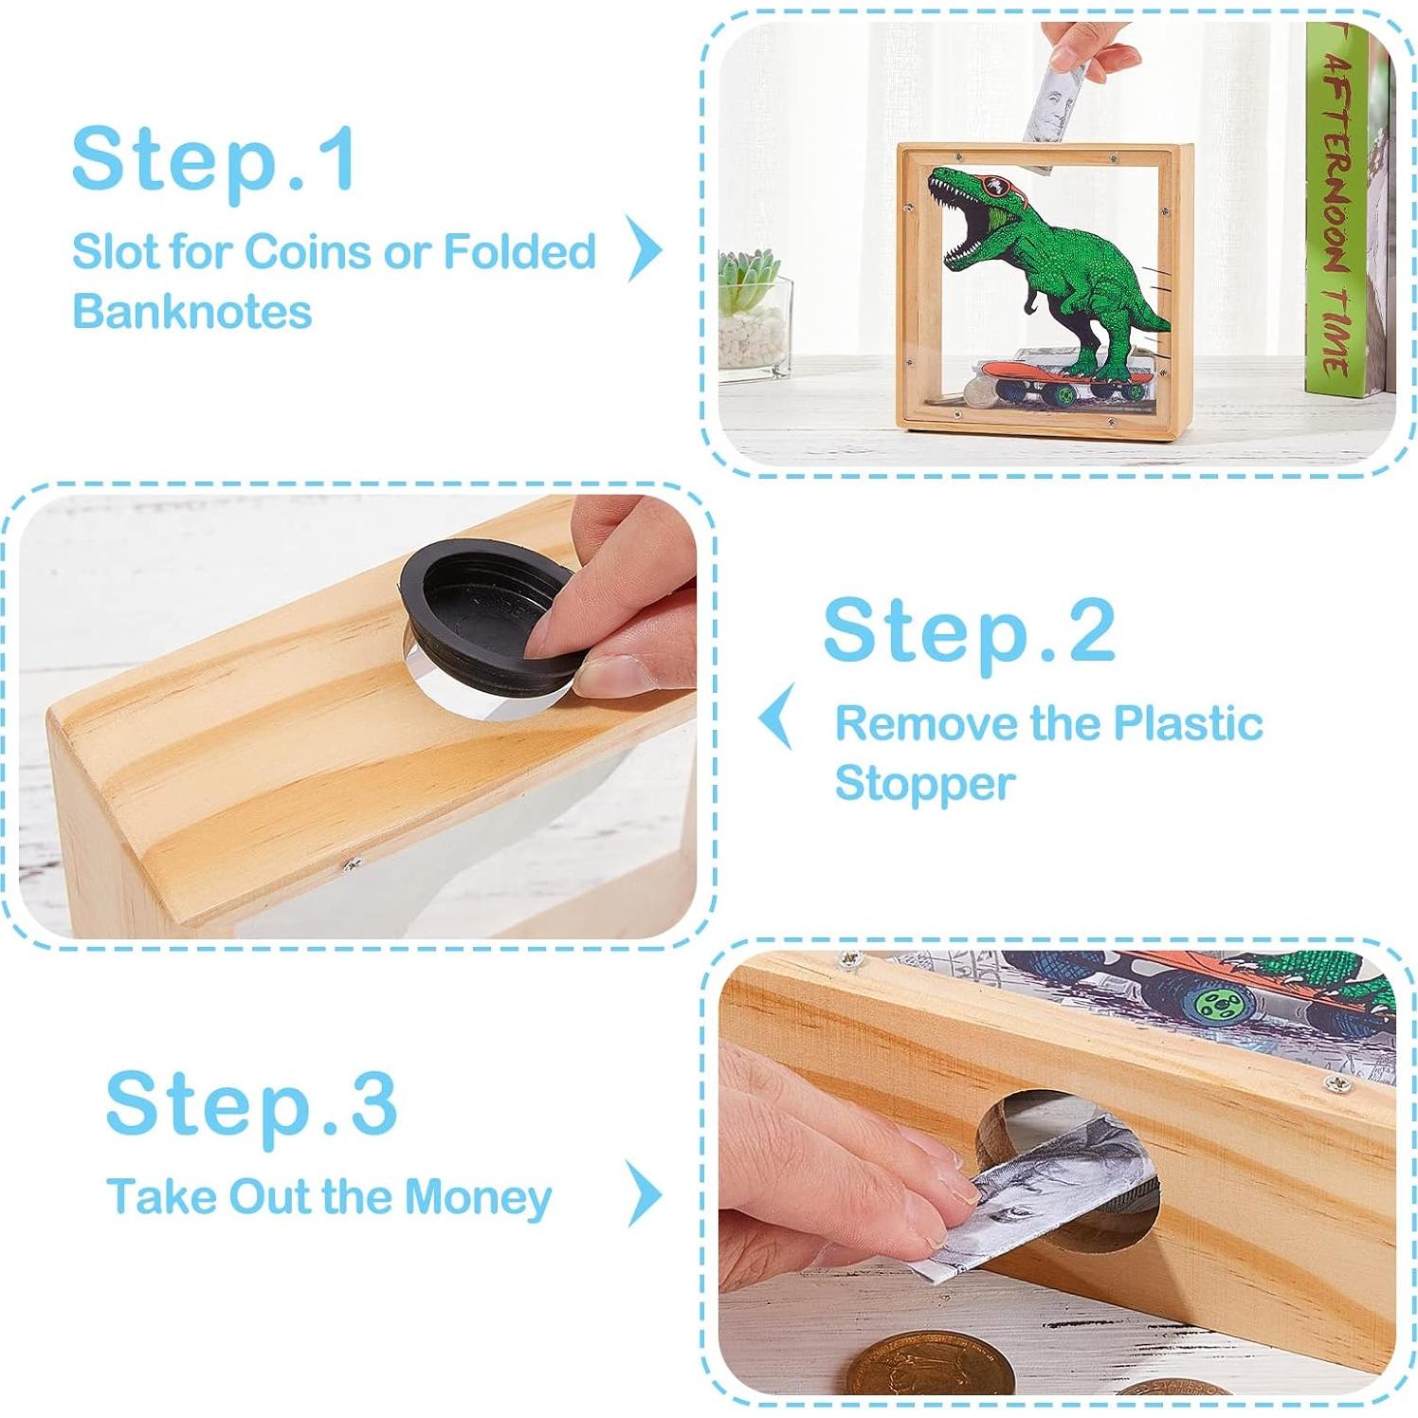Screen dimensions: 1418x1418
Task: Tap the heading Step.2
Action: coord(969,632)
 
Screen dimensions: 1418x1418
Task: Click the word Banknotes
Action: coord(191,312)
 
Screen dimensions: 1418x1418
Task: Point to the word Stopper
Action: coord(924,785)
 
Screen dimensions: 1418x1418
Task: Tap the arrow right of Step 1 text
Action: coord(645,248)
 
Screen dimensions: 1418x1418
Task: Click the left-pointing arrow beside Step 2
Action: coord(776,718)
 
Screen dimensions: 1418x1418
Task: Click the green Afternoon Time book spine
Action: coord(1336,209)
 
